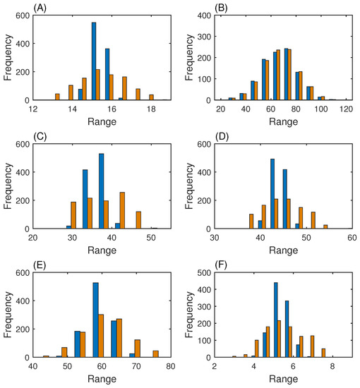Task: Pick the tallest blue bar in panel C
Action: pos(101,190)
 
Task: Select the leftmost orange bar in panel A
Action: pos(57,97)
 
